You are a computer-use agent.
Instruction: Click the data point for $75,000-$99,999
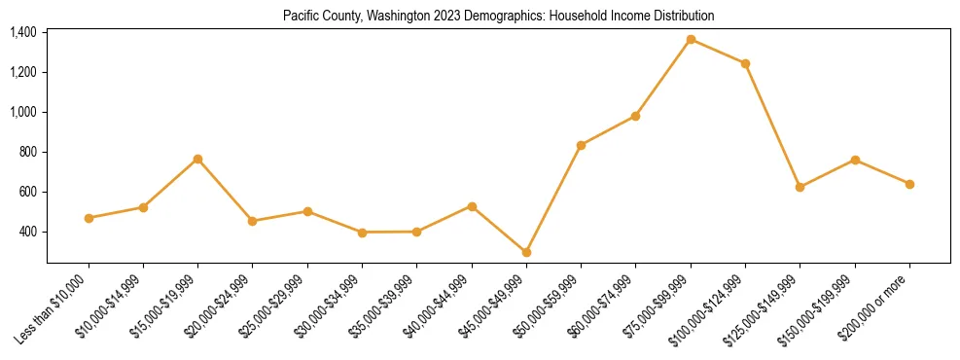[691, 40]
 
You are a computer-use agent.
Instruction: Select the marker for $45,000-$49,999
[526, 252]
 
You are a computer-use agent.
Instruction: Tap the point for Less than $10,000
[89, 218]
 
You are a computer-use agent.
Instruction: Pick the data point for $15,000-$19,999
[197, 159]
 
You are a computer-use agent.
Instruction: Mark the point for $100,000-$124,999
[745, 63]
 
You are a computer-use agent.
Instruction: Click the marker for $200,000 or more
[909, 184]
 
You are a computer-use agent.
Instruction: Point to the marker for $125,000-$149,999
[800, 187]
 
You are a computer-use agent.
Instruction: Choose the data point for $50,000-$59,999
[581, 145]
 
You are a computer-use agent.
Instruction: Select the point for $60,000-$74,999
[635, 116]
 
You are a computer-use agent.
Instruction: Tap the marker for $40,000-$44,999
[472, 206]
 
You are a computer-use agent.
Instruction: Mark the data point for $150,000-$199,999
[855, 160]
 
